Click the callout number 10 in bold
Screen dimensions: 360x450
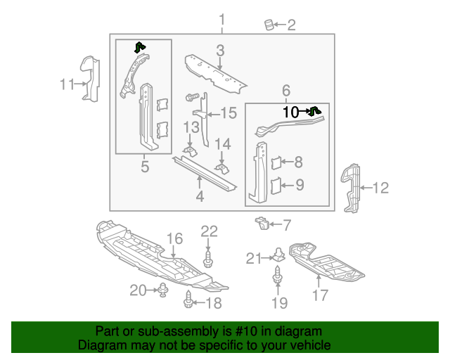(291, 112)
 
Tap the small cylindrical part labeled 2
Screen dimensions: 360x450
(268, 25)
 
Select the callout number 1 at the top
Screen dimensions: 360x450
(222, 18)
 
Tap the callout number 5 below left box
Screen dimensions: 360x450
(144, 167)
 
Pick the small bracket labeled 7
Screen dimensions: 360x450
(262, 223)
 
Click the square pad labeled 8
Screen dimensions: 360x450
(276, 163)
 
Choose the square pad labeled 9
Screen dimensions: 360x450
(276, 186)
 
